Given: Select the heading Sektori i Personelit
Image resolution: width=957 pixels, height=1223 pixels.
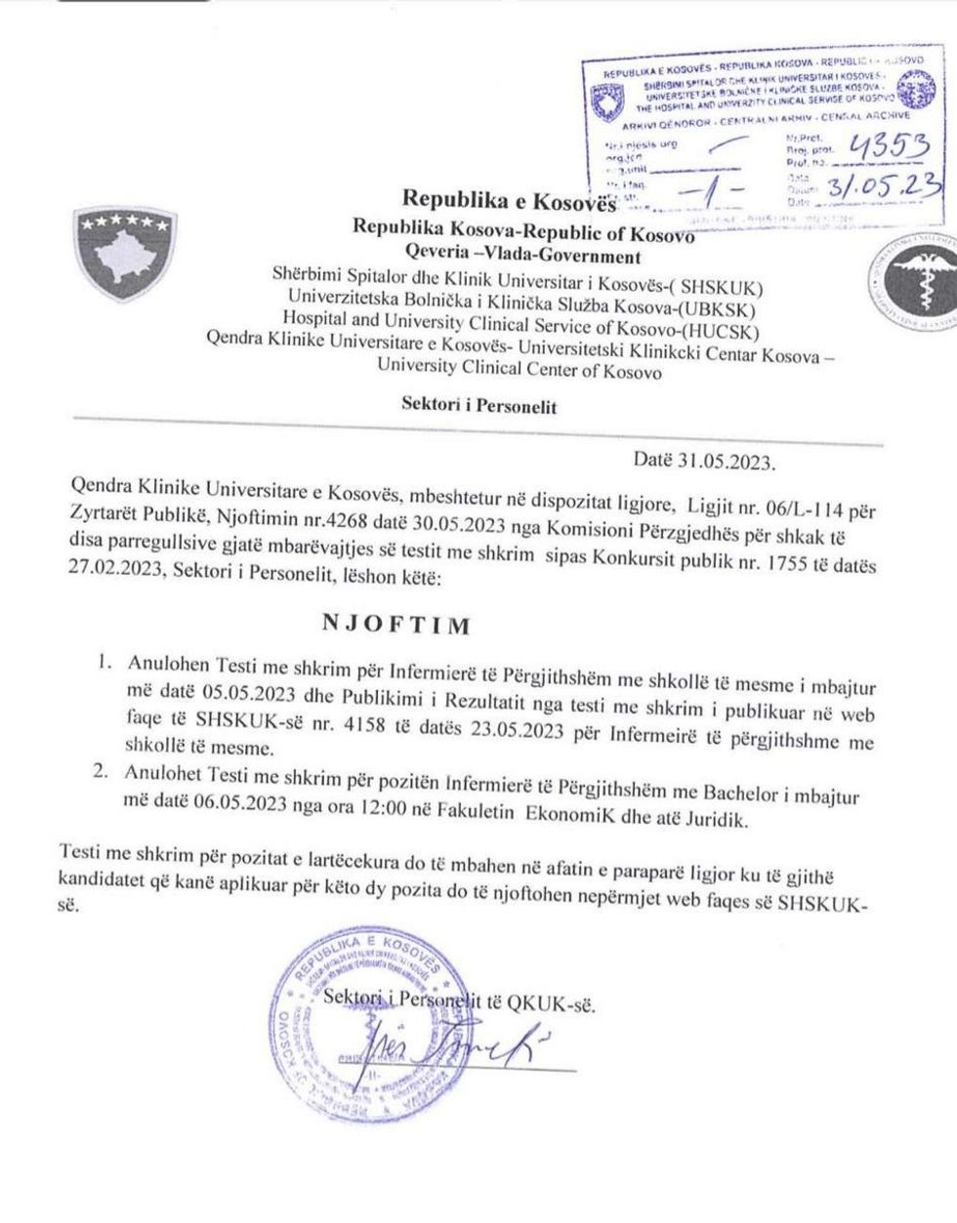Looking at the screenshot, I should point(478,406).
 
